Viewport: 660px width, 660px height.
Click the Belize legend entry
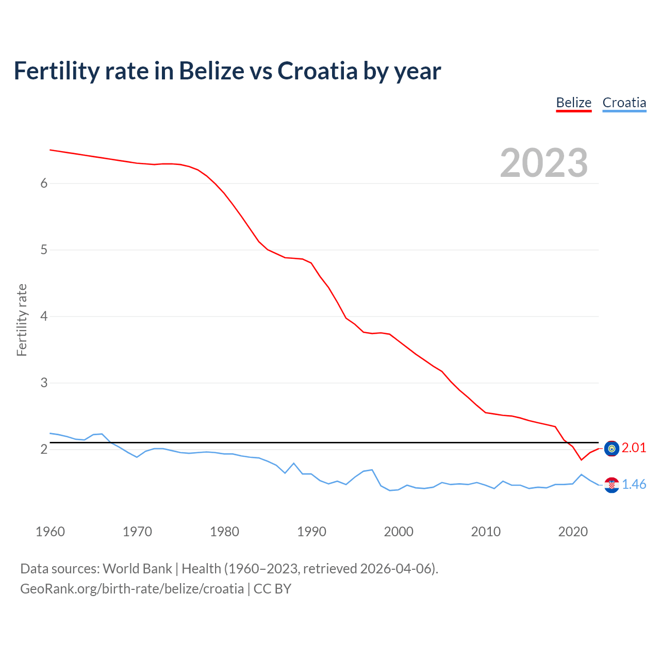[x=573, y=103]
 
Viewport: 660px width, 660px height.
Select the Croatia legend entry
[x=624, y=103]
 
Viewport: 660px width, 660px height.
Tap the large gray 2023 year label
[x=543, y=163]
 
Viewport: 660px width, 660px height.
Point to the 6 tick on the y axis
[x=44, y=184]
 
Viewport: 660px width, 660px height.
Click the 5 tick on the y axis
[x=44, y=250]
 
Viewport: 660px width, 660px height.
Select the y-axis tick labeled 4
[x=44, y=317]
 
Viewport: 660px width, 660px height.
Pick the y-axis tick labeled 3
[x=44, y=383]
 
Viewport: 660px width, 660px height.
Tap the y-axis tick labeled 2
[x=44, y=450]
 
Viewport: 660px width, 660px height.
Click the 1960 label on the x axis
[x=50, y=532]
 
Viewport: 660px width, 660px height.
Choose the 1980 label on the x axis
[x=224, y=532]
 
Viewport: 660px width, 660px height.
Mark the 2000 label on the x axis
[x=399, y=532]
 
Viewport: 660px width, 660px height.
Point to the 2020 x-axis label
[x=573, y=532]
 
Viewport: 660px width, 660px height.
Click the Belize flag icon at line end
[x=612, y=449]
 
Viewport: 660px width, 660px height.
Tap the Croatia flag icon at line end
[x=612, y=485]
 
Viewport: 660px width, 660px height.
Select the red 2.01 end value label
[x=634, y=448]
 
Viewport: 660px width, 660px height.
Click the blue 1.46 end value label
[x=634, y=485]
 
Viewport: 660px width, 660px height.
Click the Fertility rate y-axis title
[x=22, y=320]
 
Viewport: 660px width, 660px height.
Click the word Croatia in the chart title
[x=317, y=71]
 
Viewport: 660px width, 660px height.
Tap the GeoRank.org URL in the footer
[x=132, y=589]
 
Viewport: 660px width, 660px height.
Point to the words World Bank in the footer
[x=137, y=569]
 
